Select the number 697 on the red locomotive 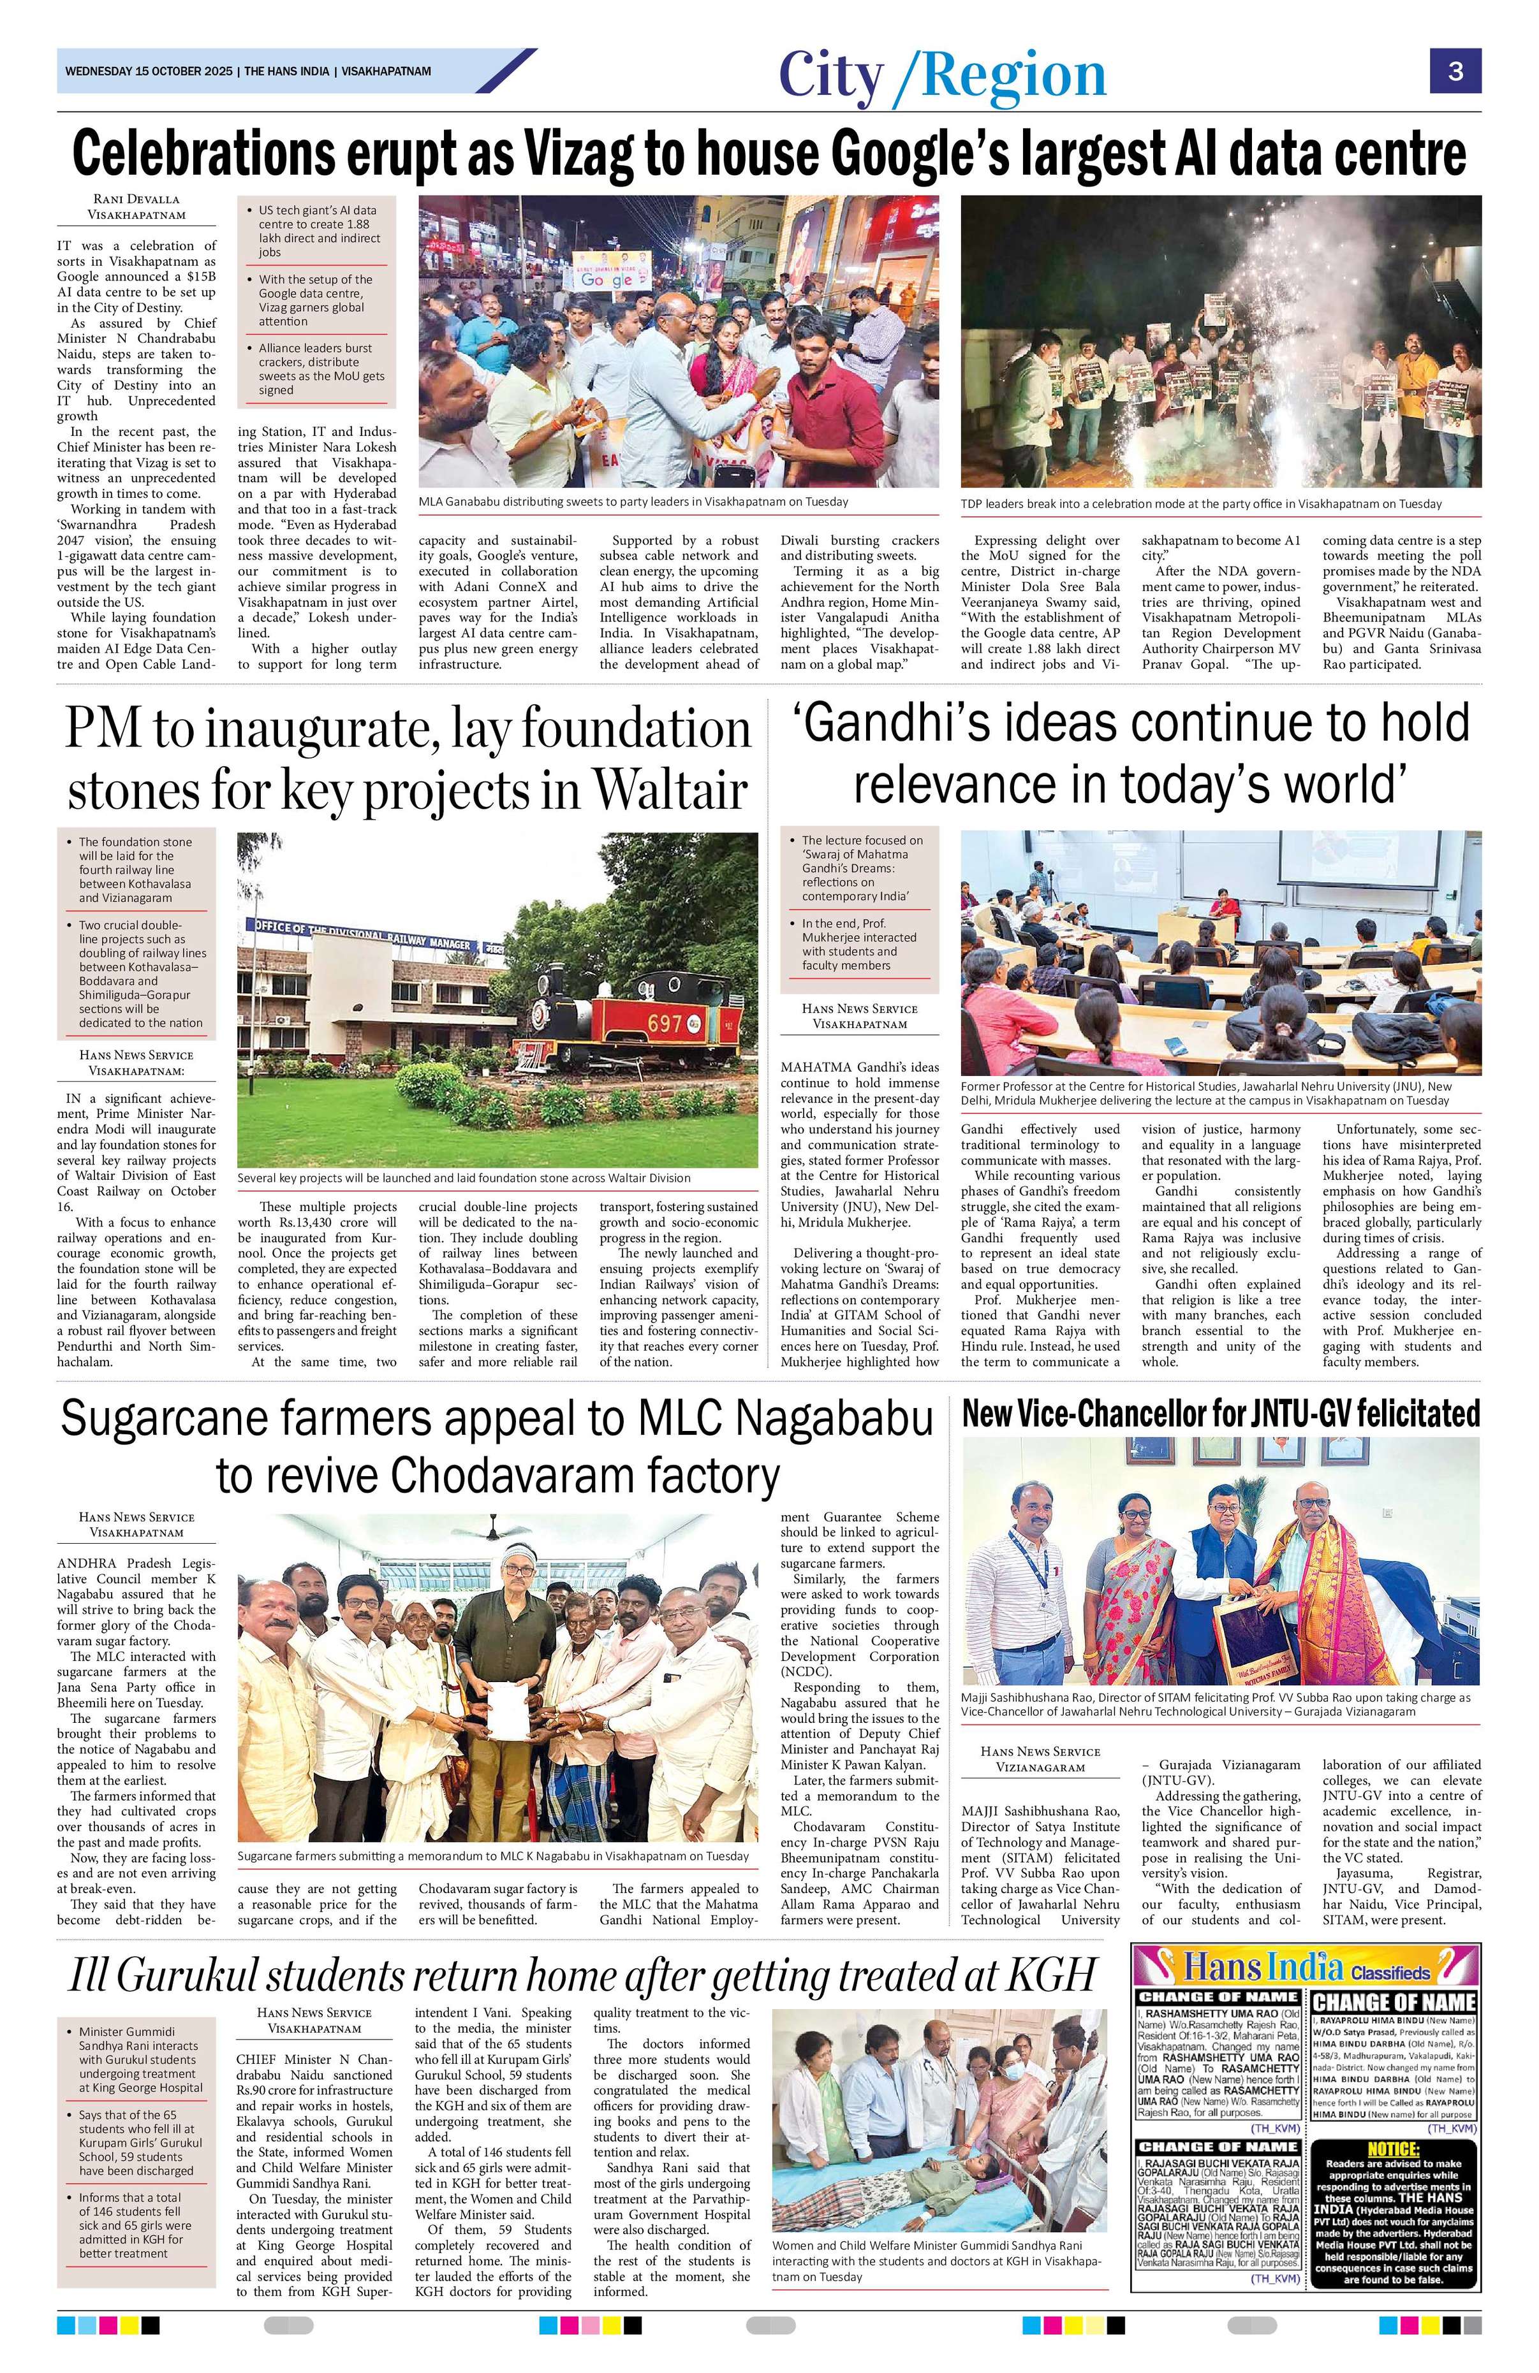[x=665, y=1024]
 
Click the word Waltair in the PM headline [x=669, y=792]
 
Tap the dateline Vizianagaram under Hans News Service [x=1040, y=1767]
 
